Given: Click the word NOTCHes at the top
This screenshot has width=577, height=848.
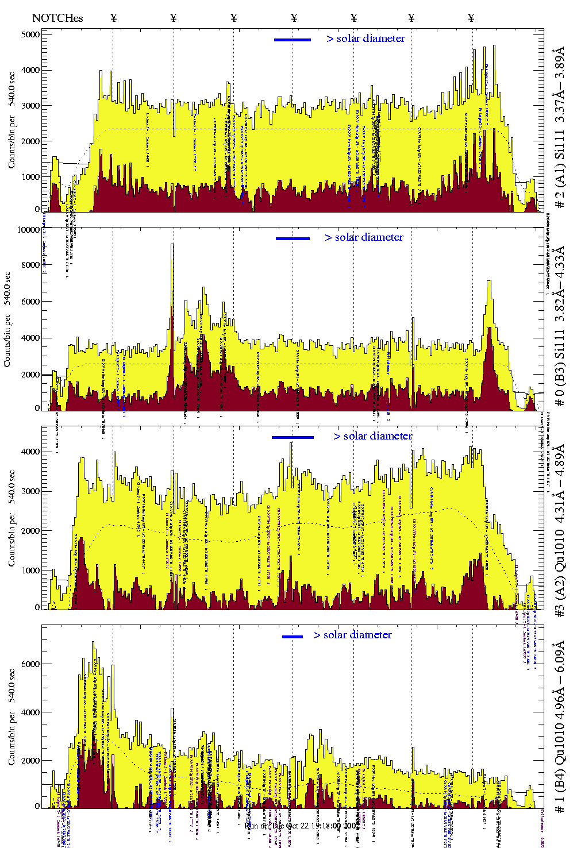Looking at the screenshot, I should point(57,18).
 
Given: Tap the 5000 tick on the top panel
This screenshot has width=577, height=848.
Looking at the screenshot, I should point(30,34).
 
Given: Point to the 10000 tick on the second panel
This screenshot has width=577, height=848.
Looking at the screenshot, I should point(28,230).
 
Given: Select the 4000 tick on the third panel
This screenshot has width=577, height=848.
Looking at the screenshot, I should point(30,452).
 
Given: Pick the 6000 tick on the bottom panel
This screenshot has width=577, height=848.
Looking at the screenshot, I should point(30,664).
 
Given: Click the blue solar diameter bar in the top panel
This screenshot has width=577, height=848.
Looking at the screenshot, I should point(293,40).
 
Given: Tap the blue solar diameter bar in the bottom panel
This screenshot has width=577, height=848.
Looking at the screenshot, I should point(293,637).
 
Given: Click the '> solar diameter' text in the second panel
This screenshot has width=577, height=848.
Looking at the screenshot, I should point(364,237).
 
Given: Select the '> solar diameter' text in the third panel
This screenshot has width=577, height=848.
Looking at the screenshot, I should point(372,436).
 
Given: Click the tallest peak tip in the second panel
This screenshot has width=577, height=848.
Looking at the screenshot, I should point(172,244).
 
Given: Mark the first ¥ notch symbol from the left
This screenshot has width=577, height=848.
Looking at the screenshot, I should point(113,18).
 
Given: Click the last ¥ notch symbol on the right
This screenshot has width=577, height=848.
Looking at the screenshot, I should point(471,18).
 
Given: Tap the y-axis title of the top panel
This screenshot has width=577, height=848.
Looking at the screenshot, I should point(11,120).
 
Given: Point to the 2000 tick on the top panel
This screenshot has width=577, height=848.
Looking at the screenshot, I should point(30,141).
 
